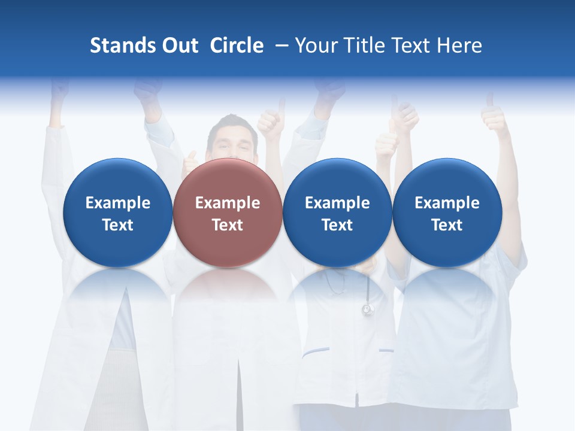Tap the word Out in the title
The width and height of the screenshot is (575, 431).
coord(178,45)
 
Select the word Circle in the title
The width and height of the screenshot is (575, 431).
coord(237,45)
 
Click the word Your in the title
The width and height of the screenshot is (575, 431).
coord(315,45)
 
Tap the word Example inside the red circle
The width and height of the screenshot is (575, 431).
coord(228,203)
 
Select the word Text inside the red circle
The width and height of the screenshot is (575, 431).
coord(228,225)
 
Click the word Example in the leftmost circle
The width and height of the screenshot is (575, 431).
coord(118,203)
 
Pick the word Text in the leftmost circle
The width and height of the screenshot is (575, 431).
coord(118,225)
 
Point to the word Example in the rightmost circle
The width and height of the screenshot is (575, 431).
coord(447,203)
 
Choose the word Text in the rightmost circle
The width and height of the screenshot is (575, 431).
coord(447,225)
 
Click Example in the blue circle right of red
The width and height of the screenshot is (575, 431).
coord(337,203)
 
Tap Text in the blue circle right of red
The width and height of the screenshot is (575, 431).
coord(337,225)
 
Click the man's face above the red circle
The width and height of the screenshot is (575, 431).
coord(232,142)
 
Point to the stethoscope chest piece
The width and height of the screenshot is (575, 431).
coord(367,309)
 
